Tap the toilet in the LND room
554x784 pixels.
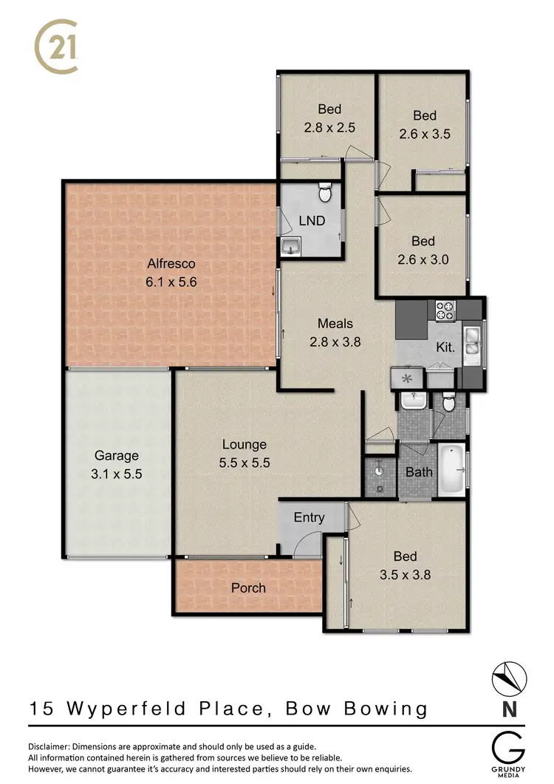point(323,194)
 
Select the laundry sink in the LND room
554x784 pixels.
point(290,247)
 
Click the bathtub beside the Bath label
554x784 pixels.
point(451,470)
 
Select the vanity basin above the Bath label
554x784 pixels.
point(412,401)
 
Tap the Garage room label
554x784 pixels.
point(116,456)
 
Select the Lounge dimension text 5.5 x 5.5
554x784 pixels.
point(244,463)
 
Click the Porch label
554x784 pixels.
point(248,588)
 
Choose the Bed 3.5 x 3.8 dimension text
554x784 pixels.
point(405,576)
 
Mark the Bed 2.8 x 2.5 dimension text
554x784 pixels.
point(329,127)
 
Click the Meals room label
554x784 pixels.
point(335,323)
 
